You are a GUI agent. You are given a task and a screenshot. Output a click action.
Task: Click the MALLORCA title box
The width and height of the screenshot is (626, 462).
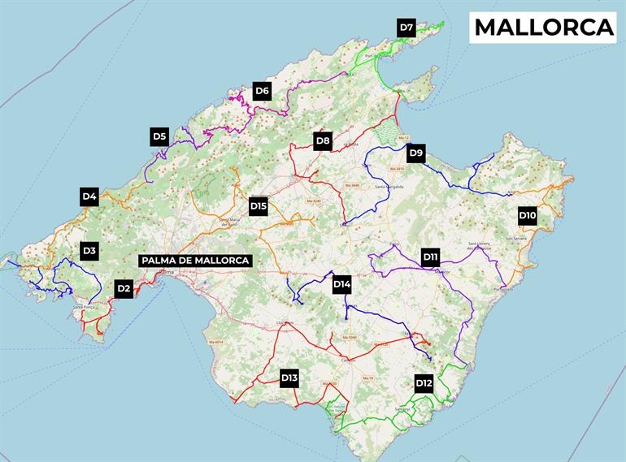(x=544, y=27)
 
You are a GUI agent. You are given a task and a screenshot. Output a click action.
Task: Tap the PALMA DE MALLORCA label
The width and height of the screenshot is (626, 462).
(x=194, y=261)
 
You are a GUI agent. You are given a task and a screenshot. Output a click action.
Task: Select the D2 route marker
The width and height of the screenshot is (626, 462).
(x=124, y=287)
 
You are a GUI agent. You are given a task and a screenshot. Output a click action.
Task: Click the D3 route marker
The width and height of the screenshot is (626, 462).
(x=89, y=251)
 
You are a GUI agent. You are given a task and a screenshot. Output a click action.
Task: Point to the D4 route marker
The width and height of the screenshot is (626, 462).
(x=89, y=196)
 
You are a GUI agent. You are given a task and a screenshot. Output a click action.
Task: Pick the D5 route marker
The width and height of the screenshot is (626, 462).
(x=159, y=136)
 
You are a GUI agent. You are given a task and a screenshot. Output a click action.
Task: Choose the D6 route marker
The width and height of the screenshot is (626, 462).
(x=262, y=91)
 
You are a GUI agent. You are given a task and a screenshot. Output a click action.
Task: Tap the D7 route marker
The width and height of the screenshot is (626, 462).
(x=407, y=28)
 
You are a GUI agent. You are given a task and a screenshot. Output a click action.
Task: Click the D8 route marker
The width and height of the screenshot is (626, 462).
(x=323, y=141)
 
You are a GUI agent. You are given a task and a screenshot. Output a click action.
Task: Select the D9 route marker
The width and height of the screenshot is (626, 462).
(x=415, y=152)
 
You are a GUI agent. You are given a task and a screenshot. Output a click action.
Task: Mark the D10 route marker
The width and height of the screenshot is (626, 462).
(x=528, y=216)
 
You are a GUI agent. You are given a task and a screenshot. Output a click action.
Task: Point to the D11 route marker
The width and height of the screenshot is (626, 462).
(x=431, y=257)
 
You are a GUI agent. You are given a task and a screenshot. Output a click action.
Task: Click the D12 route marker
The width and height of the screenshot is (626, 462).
(x=424, y=383)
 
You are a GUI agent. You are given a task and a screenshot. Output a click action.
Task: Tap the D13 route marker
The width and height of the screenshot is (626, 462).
(x=289, y=378)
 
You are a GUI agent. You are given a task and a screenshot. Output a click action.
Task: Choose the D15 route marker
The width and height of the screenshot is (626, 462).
(x=259, y=206)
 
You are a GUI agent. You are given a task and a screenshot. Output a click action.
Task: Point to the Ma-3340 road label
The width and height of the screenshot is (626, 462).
(x=352, y=186)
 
